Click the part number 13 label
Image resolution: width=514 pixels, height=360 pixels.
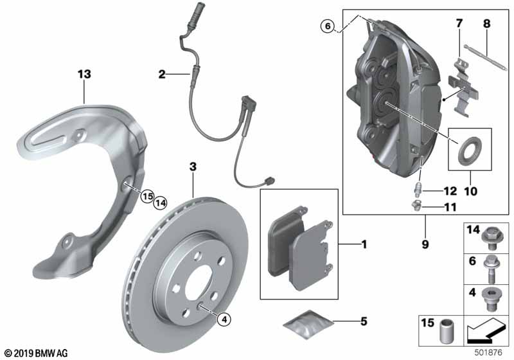[x=84, y=74]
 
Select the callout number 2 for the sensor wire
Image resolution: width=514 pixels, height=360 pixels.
[x=161, y=75]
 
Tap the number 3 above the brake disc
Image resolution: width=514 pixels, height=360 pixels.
[x=192, y=166]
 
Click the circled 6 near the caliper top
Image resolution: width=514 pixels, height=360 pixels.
[x=328, y=26]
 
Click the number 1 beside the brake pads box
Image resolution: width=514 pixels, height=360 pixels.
[x=364, y=244]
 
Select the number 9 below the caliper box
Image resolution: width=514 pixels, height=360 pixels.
[x=425, y=244]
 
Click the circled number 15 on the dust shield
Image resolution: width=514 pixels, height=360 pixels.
[x=147, y=195]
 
